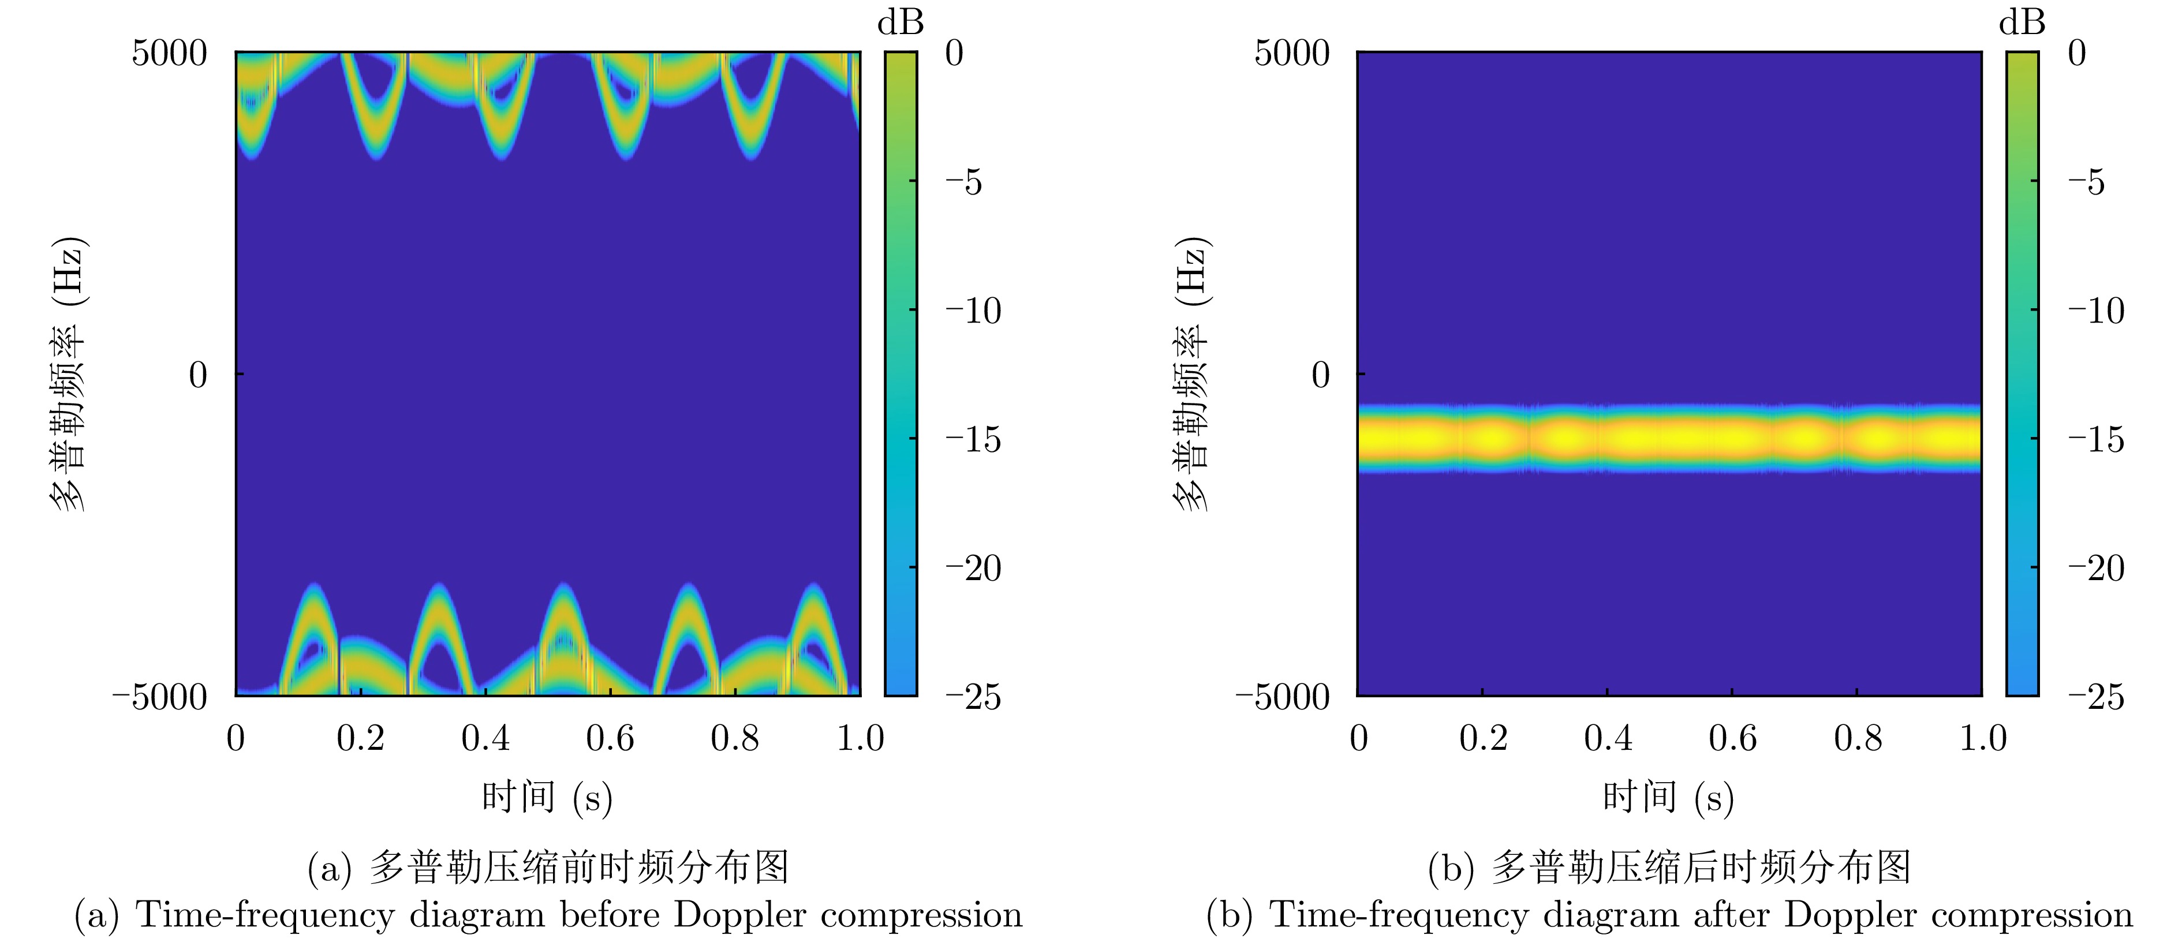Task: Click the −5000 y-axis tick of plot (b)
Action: pyautogui.click(x=1283, y=697)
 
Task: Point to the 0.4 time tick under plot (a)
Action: pyautogui.click(x=485, y=739)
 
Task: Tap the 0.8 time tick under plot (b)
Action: pyautogui.click(x=1858, y=739)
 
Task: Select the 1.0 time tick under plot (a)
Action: pyautogui.click(x=860, y=739)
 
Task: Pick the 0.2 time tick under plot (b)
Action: pyautogui.click(x=1483, y=739)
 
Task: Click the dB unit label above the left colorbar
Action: pyautogui.click(x=901, y=23)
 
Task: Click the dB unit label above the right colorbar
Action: pyautogui.click(x=2022, y=23)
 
